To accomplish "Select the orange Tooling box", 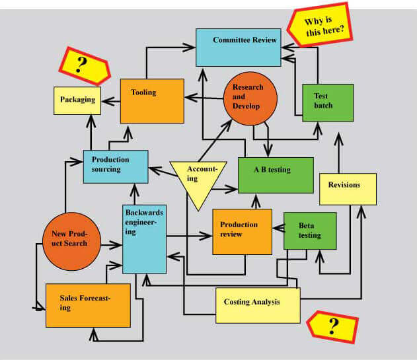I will (x=151, y=100).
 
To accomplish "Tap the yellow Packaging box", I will (x=77, y=100).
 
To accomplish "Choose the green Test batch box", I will (x=322, y=102).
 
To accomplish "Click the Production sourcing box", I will (x=115, y=166).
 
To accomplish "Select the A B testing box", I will (x=275, y=174).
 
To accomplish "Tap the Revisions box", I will (x=348, y=189).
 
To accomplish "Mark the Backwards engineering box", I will (x=144, y=238).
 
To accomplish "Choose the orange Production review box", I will (x=242, y=231).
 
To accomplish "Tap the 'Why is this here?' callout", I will (x=320, y=27).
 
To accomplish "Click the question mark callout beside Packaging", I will (x=84, y=65).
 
